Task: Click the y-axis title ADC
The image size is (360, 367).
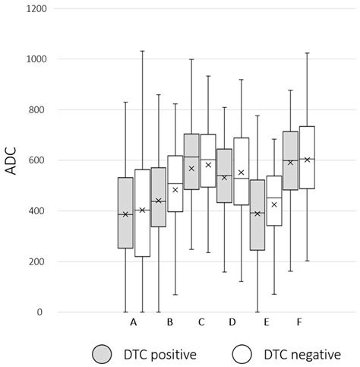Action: (12, 161)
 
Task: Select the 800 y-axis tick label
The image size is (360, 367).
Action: (35, 110)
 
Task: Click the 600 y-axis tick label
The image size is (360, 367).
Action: (35, 160)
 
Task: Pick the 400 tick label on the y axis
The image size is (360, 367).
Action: (35, 211)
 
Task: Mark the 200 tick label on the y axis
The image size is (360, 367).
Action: (35, 262)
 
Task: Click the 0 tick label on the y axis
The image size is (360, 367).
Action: (40, 312)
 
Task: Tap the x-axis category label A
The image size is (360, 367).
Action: (134, 323)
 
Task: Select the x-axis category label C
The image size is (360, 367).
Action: (201, 323)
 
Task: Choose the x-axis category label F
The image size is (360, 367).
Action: (299, 323)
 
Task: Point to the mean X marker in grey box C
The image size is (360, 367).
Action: (191, 169)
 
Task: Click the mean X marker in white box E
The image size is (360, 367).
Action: (274, 204)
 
